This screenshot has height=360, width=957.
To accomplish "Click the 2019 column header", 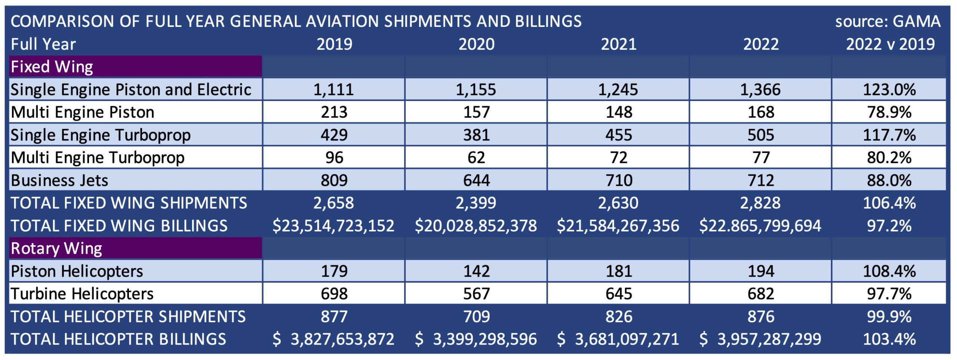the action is pos(334,44).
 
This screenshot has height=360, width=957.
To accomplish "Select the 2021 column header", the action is pos(618,44).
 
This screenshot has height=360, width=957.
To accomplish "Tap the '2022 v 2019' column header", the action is pos(890,44).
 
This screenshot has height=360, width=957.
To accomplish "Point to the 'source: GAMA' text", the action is pos(888,21).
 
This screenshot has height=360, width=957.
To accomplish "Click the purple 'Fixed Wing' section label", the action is pos(52,67).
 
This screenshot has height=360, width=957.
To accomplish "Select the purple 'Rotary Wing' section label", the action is pos(56,249).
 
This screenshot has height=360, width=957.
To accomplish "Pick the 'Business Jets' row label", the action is pos(59,181).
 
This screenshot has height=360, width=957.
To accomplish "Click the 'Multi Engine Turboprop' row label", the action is pos(98,158).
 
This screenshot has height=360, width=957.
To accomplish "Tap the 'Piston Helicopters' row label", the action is pos(77,271).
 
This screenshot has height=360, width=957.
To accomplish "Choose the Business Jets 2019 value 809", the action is pos(334,181).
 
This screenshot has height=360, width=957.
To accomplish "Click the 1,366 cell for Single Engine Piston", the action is pos(760,90).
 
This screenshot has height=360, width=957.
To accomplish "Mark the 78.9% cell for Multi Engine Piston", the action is pos(889,112).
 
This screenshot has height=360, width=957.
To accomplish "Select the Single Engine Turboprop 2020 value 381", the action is pos(476,135).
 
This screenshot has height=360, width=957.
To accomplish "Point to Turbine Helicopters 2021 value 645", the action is pos(619,294).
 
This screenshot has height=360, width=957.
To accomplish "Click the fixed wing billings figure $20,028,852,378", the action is pos(476,226).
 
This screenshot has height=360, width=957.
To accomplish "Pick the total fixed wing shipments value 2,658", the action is pos(333,203).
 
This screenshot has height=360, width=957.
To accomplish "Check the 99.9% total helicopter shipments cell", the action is pos(889,317).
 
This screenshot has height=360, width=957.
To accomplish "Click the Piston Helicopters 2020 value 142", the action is pos(476,271).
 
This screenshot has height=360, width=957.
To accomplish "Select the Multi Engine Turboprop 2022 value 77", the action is pos(761,158).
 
